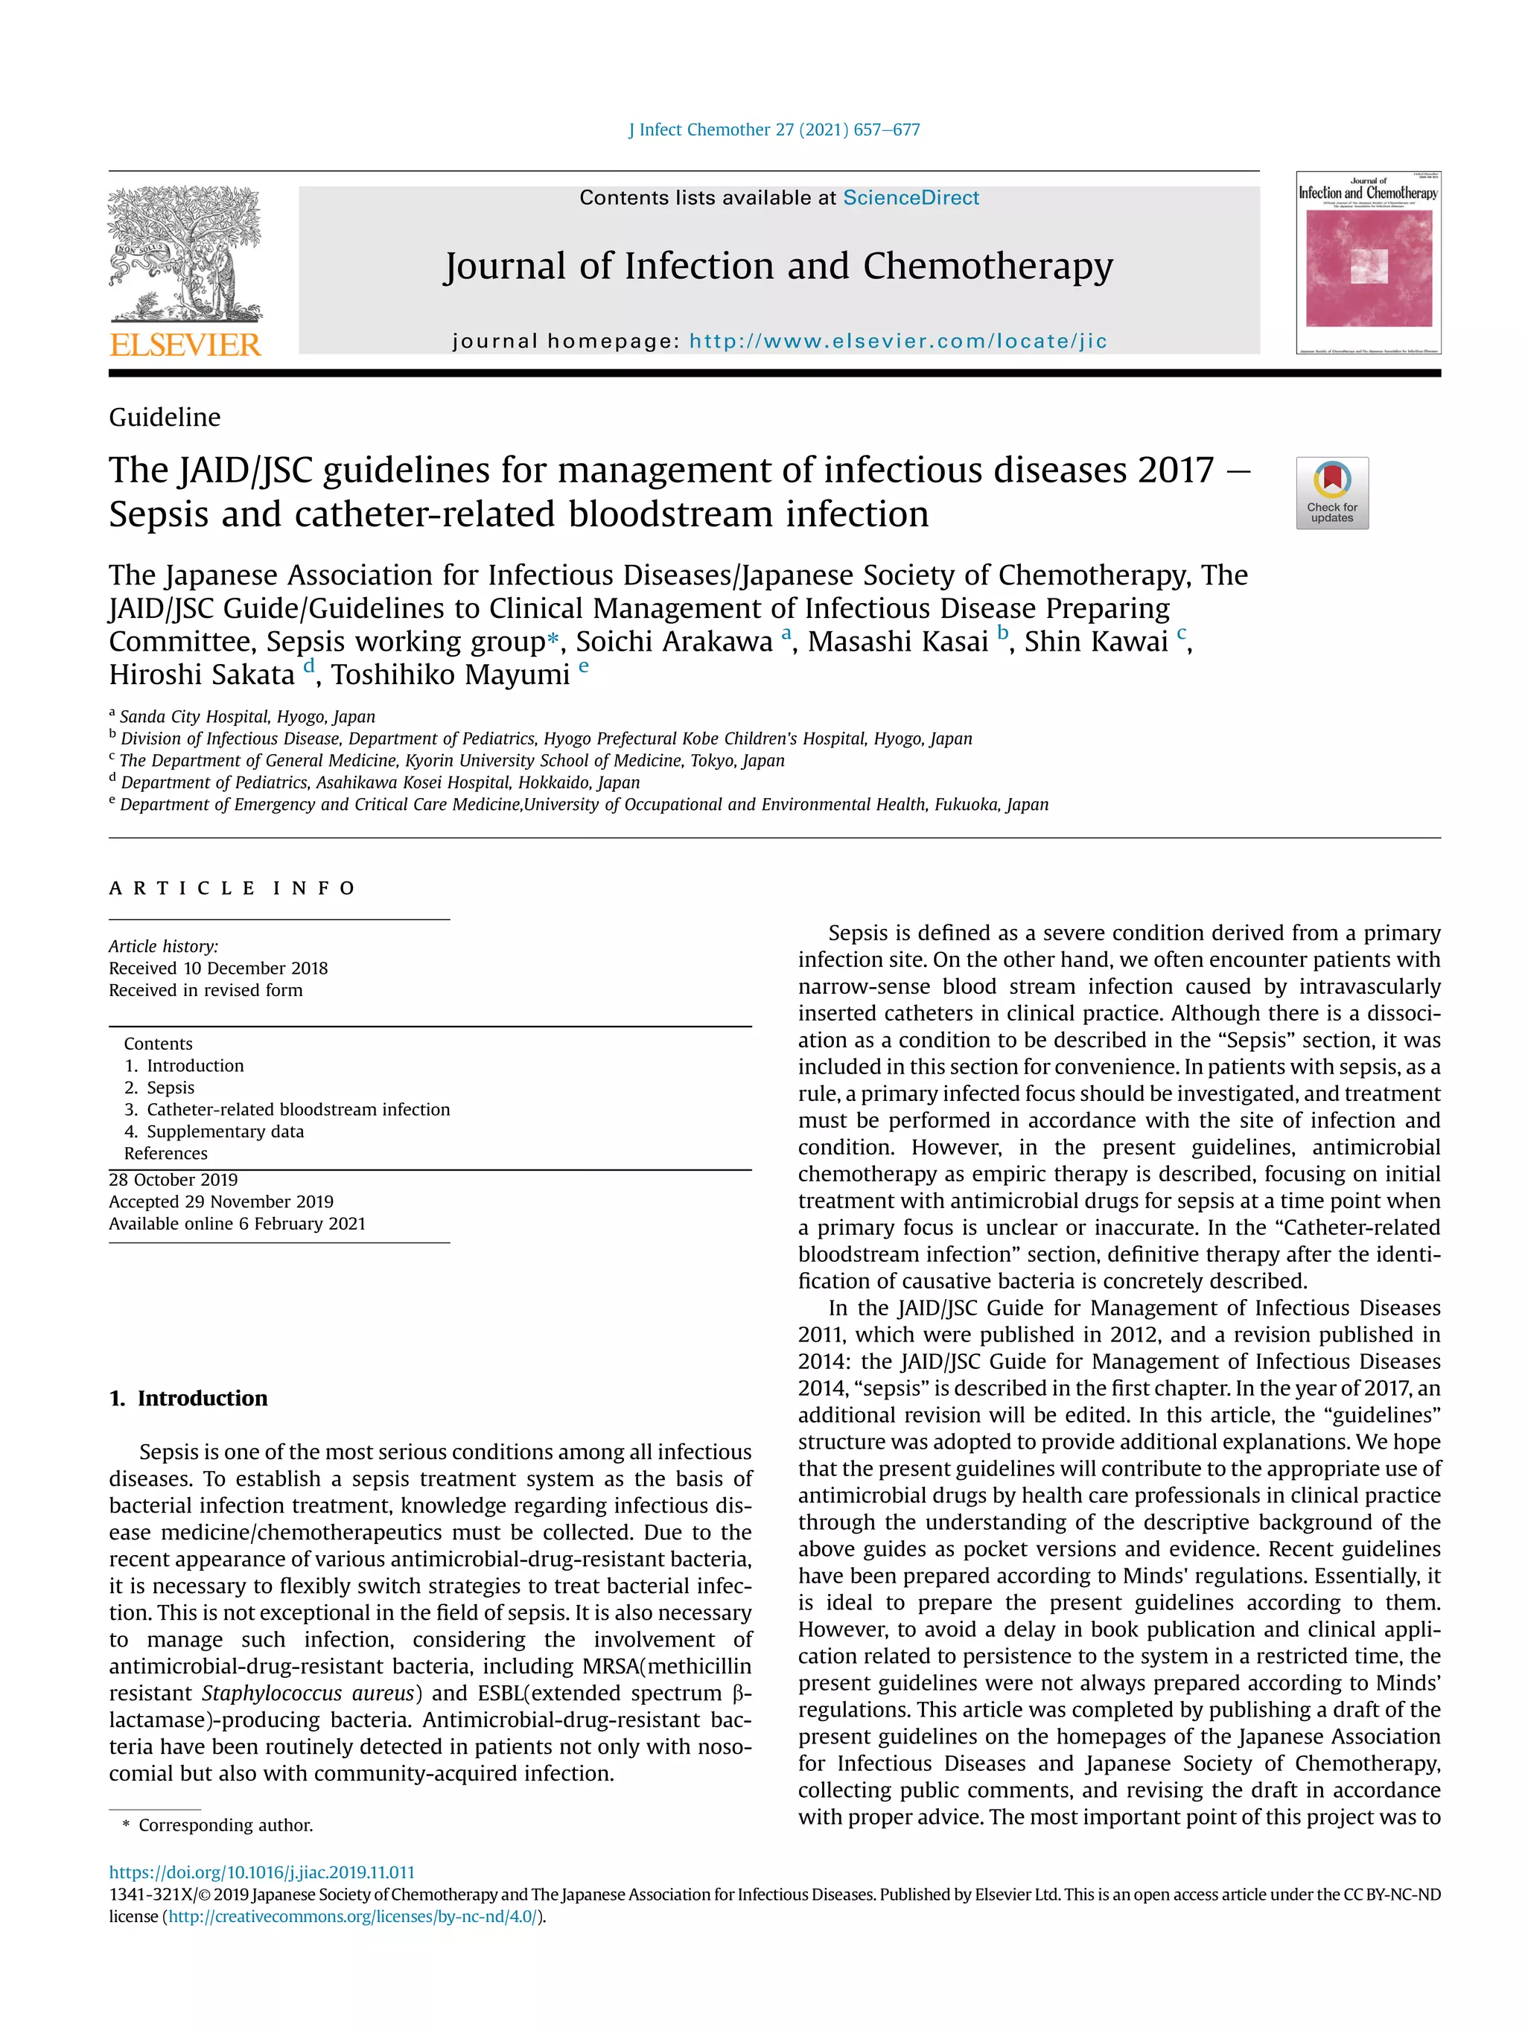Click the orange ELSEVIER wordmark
pyautogui.click(x=185, y=345)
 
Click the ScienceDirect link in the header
pyautogui.click(x=910, y=197)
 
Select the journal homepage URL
pyautogui.click(x=897, y=341)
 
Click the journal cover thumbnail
pyautogui.click(x=1368, y=263)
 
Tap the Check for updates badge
pyautogui.click(x=1331, y=493)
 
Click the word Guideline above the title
pyautogui.click(x=165, y=418)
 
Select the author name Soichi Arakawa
pyautogui.click(x=674, y=642)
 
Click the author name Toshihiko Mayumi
pyautogui.click(x=451, y=674)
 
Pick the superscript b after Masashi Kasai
pyautogui.click(x=1003, y=632)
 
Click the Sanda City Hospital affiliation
pyautogui.click(x=246, y=717)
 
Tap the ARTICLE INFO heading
pyautogui.click(x=232, y=888)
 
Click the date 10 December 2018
pyautogui.click(x=255, y=968)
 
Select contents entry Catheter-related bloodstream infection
pyautogui.click(x=298, y=1109)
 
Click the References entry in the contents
pyautogui.click(x=165, y=1153)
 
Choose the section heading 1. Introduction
pyautogui.click(x=188, y=1398)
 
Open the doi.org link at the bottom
pyautogui.click(x=261, y=1872)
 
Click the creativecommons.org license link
pyautogui.click(x=352, y=1916)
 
